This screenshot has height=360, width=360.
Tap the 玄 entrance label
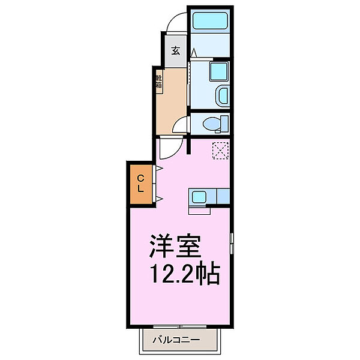(175, 51)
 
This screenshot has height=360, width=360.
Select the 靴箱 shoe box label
(159, 82)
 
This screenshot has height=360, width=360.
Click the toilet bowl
(211, 124)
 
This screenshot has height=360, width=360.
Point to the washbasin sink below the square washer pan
(221, 95)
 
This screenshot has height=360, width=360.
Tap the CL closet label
(140, 183)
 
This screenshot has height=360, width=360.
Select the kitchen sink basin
(199, 196)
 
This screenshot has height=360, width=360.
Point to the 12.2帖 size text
(182, 275)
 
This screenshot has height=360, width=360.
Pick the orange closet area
(140, 184)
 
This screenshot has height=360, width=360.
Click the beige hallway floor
(170, 99)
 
